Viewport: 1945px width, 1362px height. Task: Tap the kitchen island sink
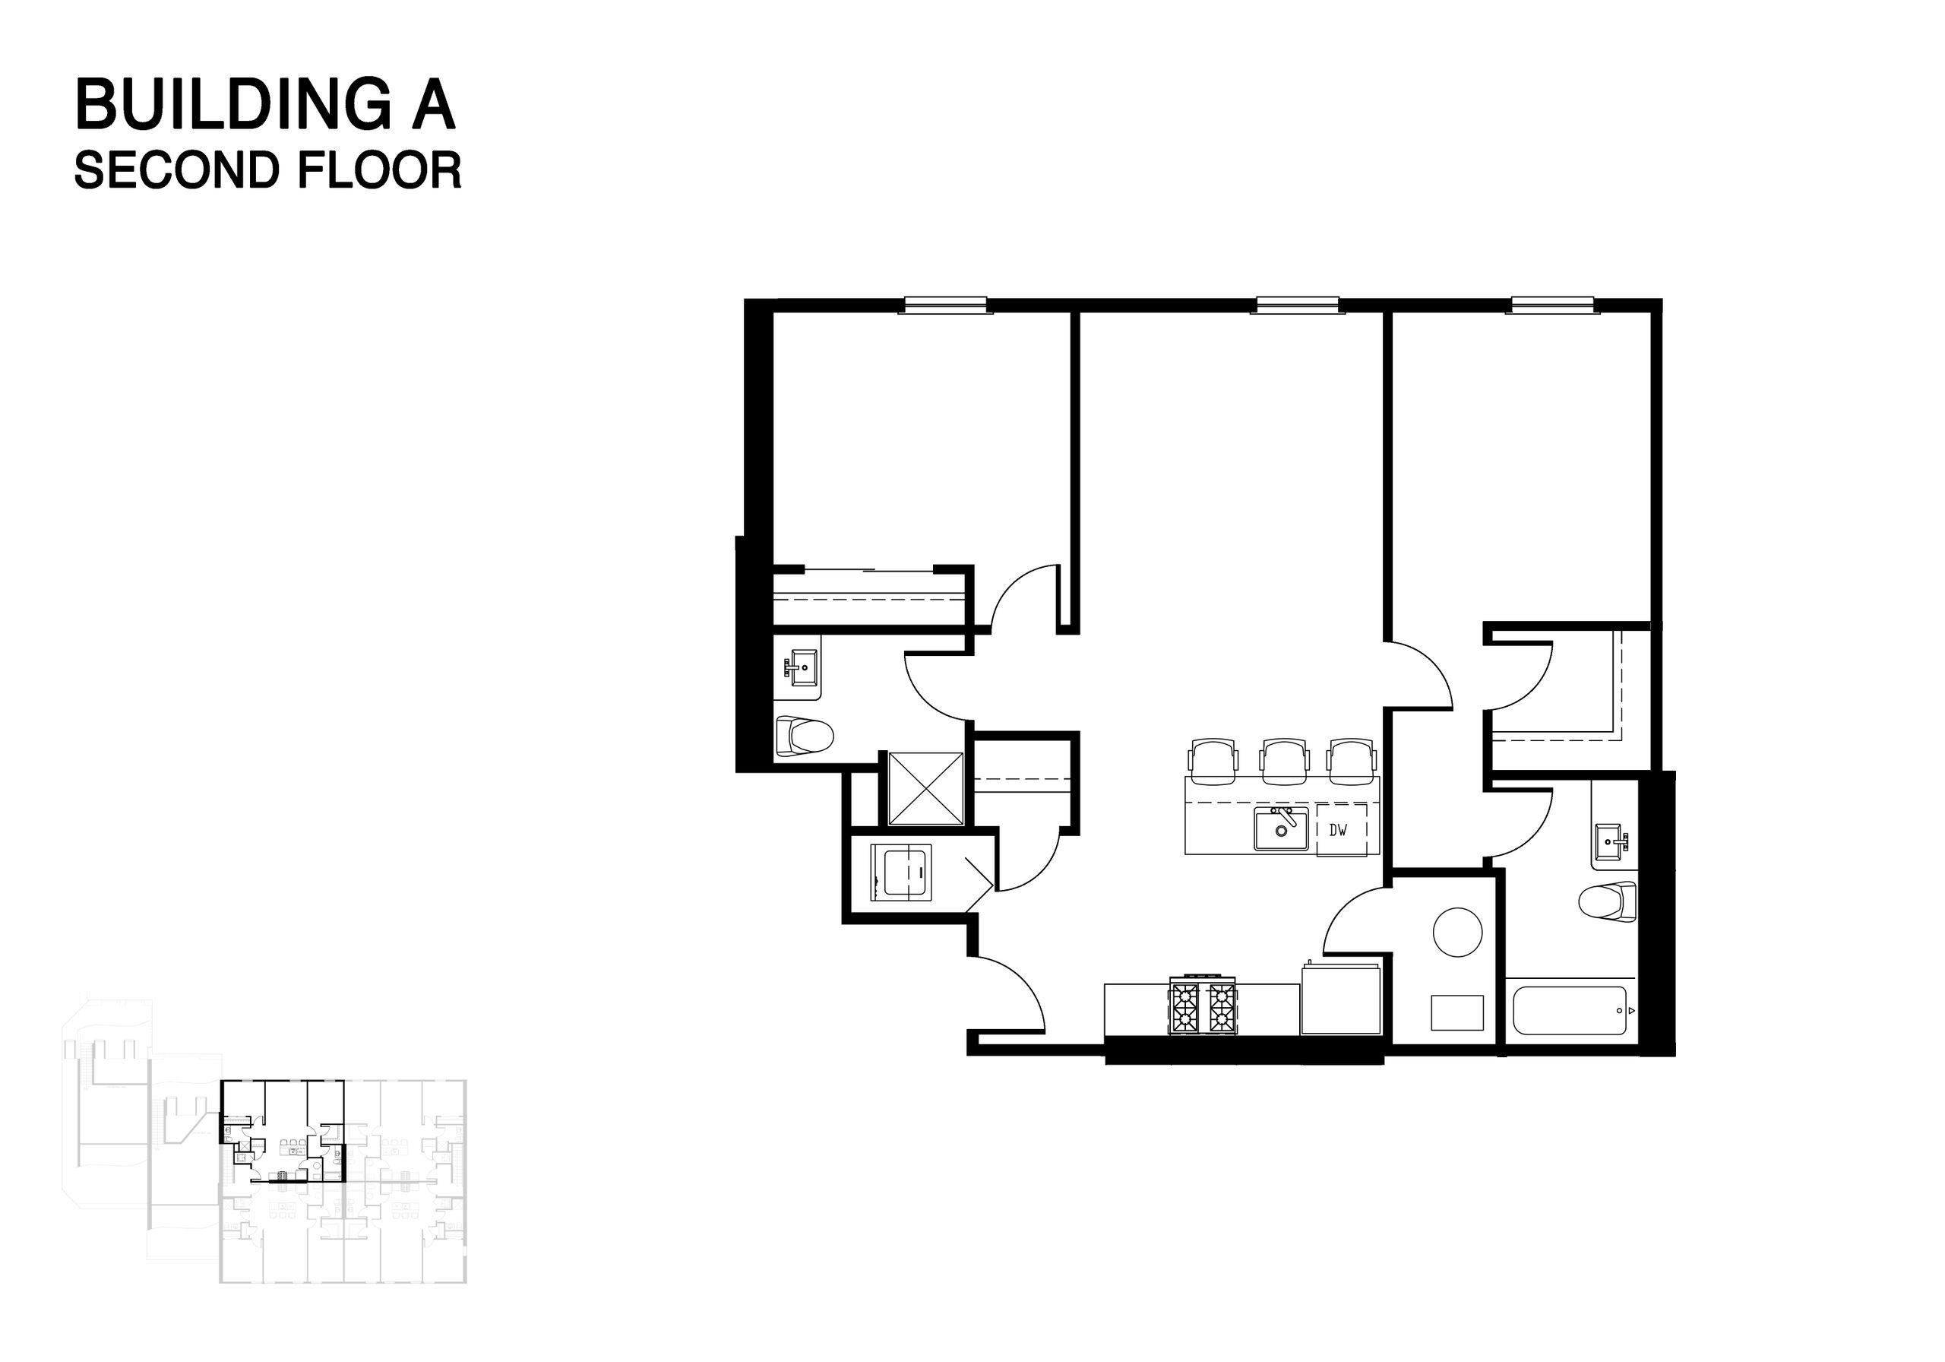(1280, 828)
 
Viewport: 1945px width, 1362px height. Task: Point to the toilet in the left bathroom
(804, 736)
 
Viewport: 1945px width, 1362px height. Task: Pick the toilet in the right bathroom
(1608, 901)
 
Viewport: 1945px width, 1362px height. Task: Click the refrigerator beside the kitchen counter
(1341, 1000)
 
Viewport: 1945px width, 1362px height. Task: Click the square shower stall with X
(926, 787)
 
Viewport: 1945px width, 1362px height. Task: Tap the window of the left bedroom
(945, 304)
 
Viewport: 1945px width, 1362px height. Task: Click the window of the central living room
(1296, 304)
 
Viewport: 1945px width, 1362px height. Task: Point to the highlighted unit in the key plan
(284, 1132)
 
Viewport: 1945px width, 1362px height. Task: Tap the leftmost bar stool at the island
(1214, 758)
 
